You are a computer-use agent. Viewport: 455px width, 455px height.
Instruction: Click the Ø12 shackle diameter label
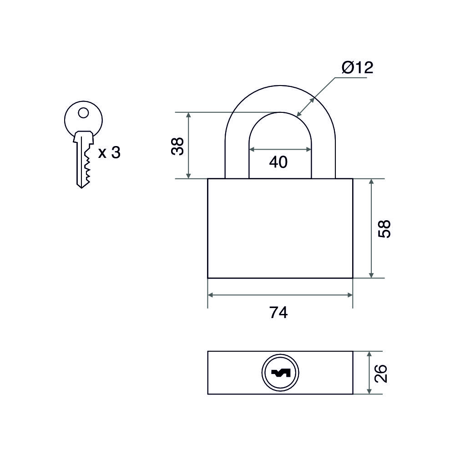(x=357, y=68)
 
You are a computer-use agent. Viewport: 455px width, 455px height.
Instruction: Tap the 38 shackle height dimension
(x=177, y=146)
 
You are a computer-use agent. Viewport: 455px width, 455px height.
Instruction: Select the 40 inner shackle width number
(x=278, y=162)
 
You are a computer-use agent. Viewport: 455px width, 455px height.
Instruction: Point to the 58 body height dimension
(x=384, y=229)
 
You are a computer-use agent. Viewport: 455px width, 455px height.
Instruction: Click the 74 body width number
(x=278, y=313)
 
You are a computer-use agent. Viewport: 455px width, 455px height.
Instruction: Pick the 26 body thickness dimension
(x=381, y=374)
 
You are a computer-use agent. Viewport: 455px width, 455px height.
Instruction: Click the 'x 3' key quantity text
(x=109, y=152)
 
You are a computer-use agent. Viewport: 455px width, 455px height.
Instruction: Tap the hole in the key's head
(x=84, y=112)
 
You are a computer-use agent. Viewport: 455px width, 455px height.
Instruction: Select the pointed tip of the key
(x=81, y=188)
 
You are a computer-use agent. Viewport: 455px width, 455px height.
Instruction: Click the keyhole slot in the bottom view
(x=280, y=373)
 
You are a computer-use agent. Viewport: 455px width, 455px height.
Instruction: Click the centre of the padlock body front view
(x=280, y=228)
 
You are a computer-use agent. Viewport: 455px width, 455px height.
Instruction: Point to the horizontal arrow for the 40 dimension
(x=280, y=149)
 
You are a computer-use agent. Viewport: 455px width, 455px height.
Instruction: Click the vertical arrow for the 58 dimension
(x=371, y=228)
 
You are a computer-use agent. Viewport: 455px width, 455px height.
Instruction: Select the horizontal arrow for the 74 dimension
(x=280, y=295)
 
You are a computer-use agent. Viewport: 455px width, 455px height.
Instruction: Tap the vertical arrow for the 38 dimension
(x=189, y=146)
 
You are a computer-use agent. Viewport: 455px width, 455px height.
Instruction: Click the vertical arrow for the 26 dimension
(x=369, y=373)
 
